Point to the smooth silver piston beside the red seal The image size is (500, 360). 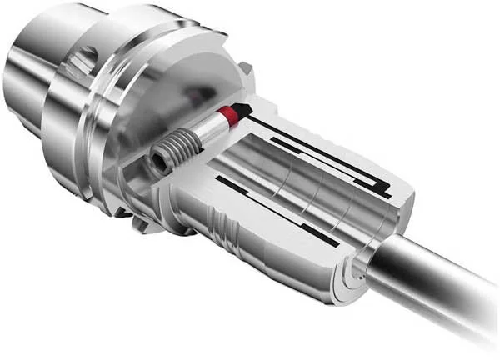click(x=211, y=127)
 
